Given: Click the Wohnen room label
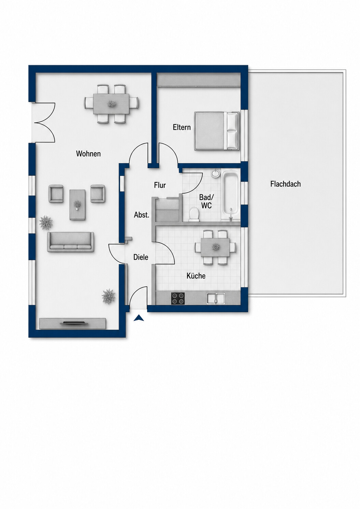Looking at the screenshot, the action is (88, 154).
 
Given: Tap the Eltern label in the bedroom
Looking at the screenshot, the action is (182, 127).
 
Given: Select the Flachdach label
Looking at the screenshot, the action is (286, 184).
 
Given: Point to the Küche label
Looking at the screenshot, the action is (196, 276).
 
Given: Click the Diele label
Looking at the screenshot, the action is (141, 257).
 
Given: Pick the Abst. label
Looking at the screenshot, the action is (142, 215).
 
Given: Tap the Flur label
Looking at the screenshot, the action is (160, 185).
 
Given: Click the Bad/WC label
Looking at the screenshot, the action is (206, 201).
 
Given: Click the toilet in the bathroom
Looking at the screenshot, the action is (194, 214).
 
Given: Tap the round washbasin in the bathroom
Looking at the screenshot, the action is (215, 173).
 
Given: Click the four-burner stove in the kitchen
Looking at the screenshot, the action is (178, 298).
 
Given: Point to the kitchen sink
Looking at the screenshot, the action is (216, 298).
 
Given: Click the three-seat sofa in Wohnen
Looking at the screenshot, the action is (71, 242).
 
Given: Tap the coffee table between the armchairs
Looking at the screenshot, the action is (77, 205).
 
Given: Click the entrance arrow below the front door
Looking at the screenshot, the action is (139, 319).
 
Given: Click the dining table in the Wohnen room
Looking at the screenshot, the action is (111, 104).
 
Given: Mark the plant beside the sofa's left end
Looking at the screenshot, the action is (46, 223).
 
